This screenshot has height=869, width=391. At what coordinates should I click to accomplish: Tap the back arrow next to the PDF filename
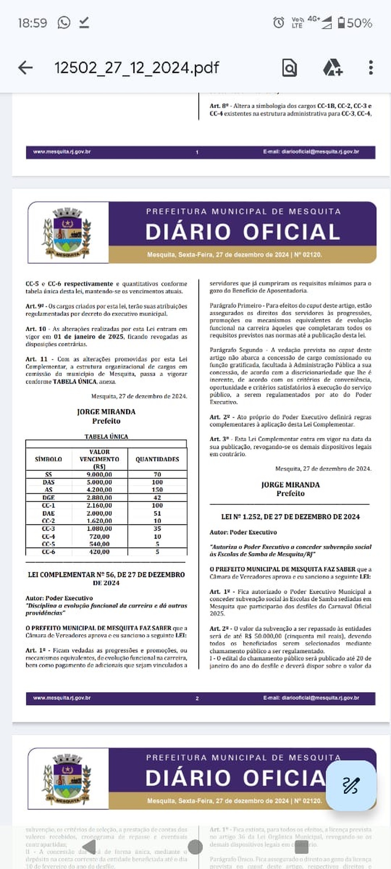25,68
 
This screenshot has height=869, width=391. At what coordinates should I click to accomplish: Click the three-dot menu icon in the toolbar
371,68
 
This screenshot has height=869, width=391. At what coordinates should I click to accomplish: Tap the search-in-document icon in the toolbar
289,68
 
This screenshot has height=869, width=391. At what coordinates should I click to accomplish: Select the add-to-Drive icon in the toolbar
333,68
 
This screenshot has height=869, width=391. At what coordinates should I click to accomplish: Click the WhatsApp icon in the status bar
64,23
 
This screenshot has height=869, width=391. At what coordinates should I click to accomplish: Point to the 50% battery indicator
355,23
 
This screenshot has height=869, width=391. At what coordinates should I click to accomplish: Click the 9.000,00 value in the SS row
99,474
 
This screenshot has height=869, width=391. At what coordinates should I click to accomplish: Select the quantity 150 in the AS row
157,490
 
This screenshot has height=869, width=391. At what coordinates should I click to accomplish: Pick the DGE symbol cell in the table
48,498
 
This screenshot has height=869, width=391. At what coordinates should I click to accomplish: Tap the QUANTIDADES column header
157,459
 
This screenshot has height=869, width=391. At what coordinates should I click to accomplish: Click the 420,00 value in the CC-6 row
99,552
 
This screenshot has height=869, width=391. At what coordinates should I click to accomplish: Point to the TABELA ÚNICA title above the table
106,436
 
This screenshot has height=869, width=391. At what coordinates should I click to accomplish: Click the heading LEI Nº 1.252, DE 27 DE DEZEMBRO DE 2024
291,517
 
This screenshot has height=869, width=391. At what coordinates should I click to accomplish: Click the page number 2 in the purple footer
197,698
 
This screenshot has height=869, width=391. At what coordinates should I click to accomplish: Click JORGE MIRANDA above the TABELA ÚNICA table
106,412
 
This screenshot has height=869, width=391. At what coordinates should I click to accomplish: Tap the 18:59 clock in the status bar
32,23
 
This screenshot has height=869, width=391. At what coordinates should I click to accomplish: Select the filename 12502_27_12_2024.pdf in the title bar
136,68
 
